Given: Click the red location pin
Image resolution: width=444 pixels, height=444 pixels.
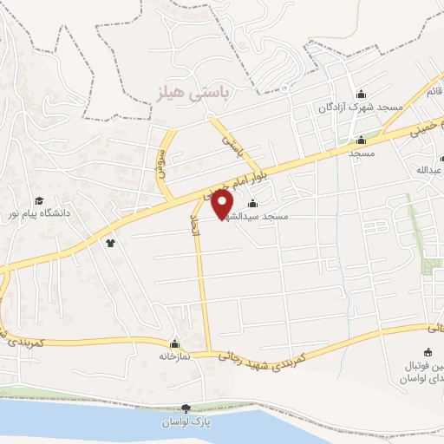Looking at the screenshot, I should tap(223, 205).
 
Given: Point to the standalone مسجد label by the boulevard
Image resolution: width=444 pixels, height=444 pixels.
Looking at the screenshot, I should tap(361, 153).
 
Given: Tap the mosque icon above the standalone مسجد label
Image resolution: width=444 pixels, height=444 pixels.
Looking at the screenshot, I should tap(361, 140).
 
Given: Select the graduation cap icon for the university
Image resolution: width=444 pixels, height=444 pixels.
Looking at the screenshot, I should tap(39, 199).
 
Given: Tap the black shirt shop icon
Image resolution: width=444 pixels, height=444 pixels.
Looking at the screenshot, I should tap(111, 243).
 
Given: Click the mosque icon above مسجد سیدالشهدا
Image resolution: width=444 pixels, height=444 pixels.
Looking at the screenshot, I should tap(252, 204).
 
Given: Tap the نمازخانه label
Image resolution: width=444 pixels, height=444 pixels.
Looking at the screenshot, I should tap(173, 356).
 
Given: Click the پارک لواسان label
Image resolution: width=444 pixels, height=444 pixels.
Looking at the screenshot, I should tap(185, 421).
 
